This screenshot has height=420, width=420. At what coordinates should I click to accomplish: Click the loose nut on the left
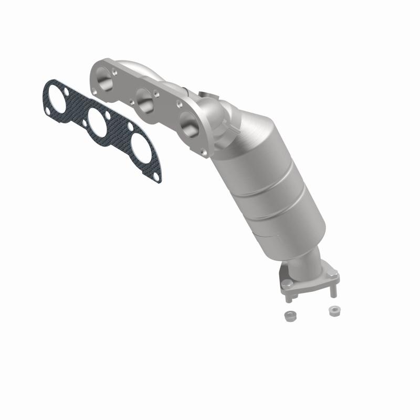tap(288, 316)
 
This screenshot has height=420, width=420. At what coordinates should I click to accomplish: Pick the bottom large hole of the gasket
tap(141, 148)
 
